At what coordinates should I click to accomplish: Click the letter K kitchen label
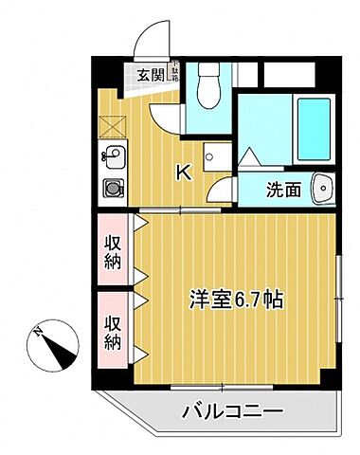point(186,173)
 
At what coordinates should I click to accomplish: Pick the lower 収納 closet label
point(113,327)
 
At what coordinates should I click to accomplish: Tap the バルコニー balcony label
point(232,412)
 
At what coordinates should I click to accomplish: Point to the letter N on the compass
point(37,333)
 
